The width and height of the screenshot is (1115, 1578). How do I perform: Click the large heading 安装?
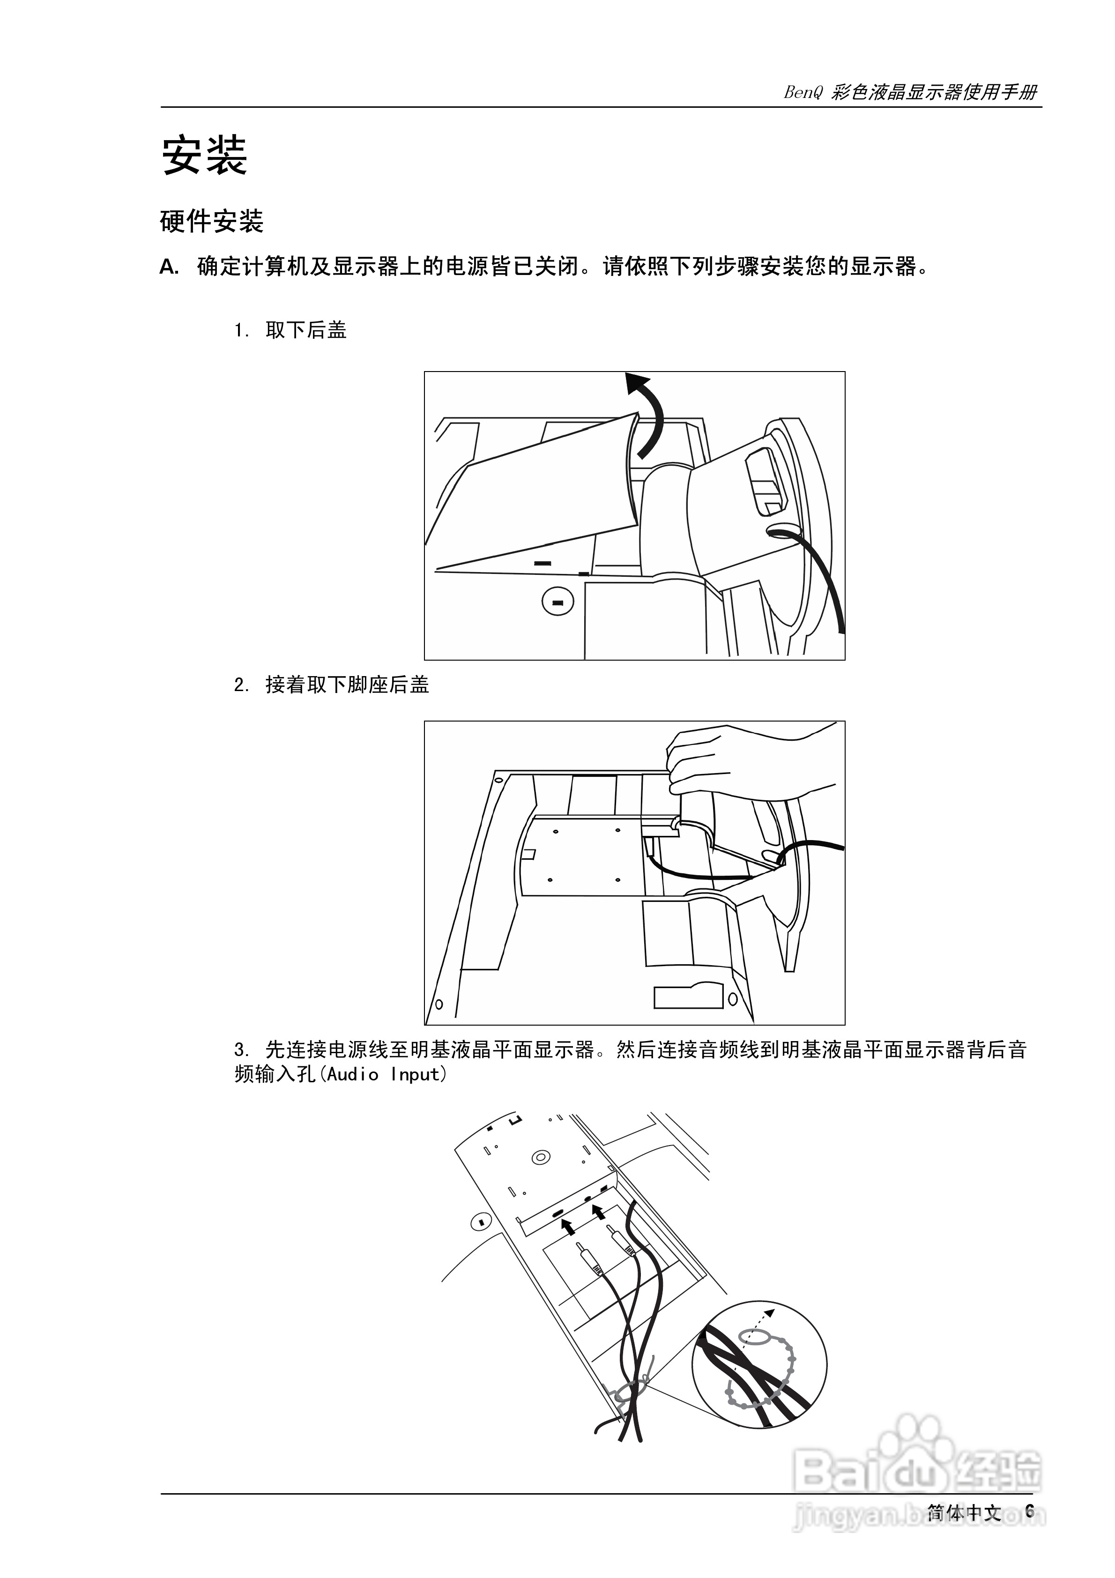click(204, 156)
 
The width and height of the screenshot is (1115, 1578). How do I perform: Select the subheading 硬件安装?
click(212, 221)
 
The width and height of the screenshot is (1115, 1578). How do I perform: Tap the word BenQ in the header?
click(802, 93)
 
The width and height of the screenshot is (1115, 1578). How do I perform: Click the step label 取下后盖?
click(306, 331)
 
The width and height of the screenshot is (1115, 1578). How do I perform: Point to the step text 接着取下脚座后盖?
click(347, 685)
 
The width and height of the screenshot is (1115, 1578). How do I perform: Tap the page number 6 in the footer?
click(1029, 1511)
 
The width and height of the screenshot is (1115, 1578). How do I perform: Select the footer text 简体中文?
click(964, 1511)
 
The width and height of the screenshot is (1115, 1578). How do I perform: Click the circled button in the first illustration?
click(557, 602)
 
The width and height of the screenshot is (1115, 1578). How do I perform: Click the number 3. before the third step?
click(241, 1050)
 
